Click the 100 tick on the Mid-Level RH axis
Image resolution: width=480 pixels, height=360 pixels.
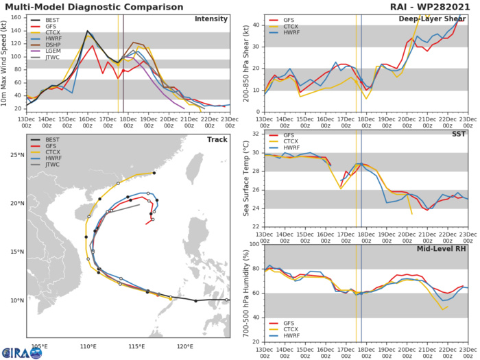254,245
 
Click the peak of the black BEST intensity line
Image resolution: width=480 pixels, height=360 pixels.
87,31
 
